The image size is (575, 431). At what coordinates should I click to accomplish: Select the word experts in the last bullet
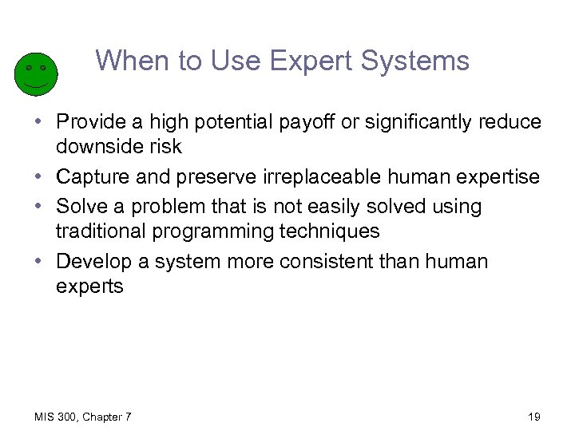[89, 287]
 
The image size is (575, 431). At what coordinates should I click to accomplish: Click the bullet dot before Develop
[40, 262]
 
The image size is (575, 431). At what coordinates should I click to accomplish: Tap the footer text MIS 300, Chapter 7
[83, 417]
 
